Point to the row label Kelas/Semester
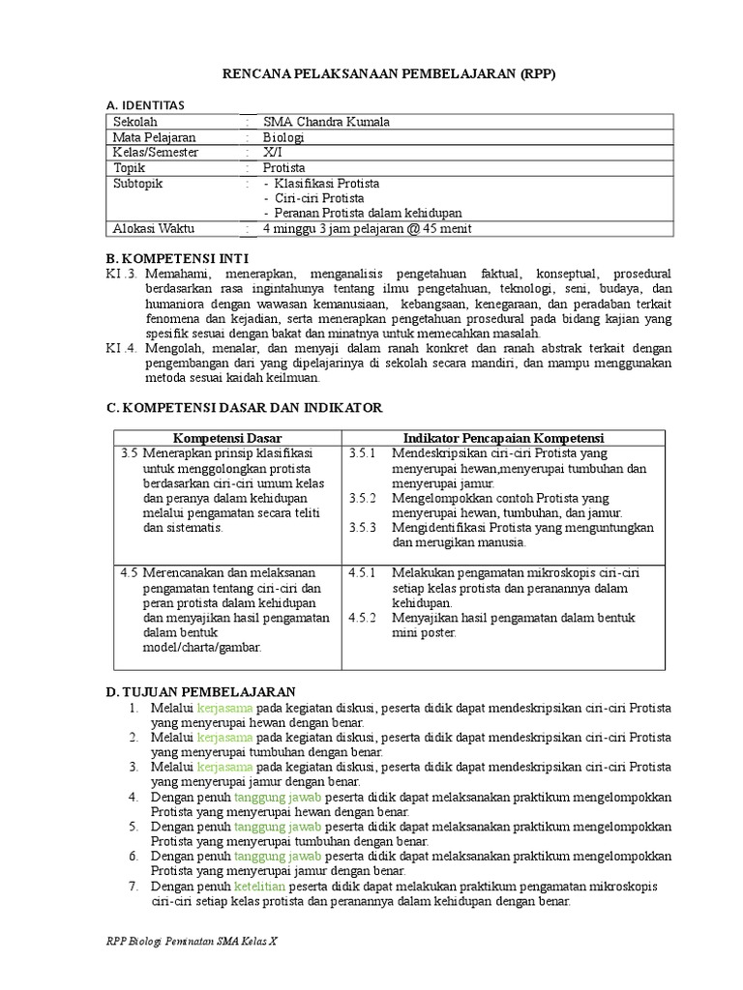(157, 153)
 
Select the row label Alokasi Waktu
(154, 228)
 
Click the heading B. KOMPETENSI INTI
(177, 258)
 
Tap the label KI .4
(124, 349)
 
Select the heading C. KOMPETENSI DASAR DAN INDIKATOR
(244, 408)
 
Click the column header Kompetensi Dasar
(227, 438)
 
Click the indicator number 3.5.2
(361, 498)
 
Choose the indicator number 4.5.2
(361, 617)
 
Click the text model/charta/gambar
(201, 647)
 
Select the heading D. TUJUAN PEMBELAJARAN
(200, 691)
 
